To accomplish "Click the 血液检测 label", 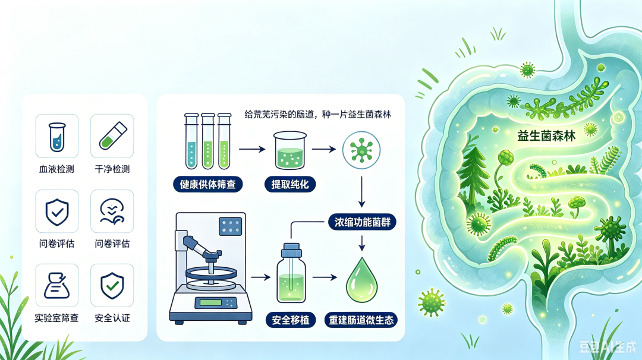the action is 56,169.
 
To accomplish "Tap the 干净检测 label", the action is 112,169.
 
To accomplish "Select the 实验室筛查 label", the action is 56,318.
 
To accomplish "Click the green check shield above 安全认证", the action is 112,286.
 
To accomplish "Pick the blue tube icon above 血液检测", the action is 57,137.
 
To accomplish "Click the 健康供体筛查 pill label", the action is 207,185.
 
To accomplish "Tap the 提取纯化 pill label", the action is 290,185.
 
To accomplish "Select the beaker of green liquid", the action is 290,150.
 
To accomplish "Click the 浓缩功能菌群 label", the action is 363,222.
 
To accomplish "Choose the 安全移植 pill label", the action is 291,320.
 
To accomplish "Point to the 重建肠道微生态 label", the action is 361,320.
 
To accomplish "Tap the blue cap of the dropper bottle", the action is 291,250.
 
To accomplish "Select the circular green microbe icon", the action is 361,150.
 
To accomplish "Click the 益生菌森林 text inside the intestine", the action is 546,135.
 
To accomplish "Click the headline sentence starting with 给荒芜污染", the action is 317,115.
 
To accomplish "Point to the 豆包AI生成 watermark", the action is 608,346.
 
